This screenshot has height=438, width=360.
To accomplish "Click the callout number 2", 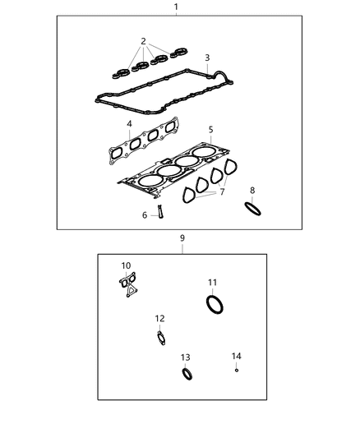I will [x=143, y=41].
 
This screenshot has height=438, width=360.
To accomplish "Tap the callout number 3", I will [x=207, y=58].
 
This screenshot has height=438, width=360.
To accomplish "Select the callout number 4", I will [x=129, y=124].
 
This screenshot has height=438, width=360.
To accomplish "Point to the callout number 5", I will [x=210, y=130].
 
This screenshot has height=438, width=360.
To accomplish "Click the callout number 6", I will [x=145, y=215].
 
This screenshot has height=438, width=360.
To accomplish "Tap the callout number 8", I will [x=252, y=191].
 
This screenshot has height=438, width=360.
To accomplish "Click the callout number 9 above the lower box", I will [x=182, y=238].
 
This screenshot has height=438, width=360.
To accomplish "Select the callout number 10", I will [x=126, y=265].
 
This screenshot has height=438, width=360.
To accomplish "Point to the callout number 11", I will [x=212, y=283].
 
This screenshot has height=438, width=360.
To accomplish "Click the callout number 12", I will [x=159, y=318].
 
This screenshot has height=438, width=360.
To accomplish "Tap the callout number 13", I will [x=186, y=357].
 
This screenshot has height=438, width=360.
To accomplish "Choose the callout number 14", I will [x=237, y=356].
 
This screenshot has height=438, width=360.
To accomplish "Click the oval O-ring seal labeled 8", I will [x=254, y=209].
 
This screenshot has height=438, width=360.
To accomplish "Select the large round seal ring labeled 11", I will [x=215, y=305].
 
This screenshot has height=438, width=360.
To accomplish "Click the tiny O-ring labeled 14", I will [x=237, y=371].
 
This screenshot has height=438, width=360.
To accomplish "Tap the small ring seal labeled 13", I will [x=188, y=375].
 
